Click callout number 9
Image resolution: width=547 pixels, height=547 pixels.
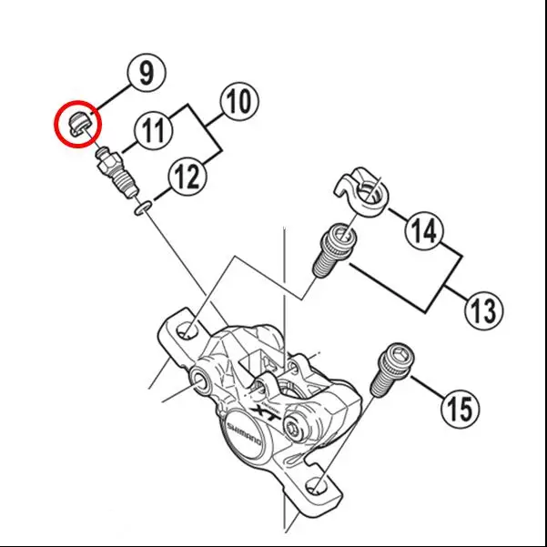click(147, 72)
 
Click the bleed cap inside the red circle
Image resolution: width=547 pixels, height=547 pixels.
click(78, 122)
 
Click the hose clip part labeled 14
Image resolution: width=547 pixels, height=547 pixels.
click(362, 188)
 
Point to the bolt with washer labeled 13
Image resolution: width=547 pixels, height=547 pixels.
click(333, 251)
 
